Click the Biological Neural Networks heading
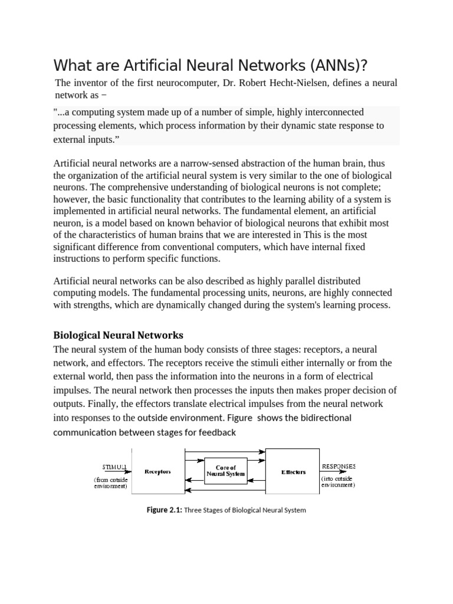pos(118,335)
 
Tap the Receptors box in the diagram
pos(158,472)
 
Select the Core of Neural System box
pos(225,471)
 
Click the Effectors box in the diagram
pos(293,472)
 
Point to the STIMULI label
pos(115,467)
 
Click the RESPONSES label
pos(339,466)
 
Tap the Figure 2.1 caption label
pos(165,510)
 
